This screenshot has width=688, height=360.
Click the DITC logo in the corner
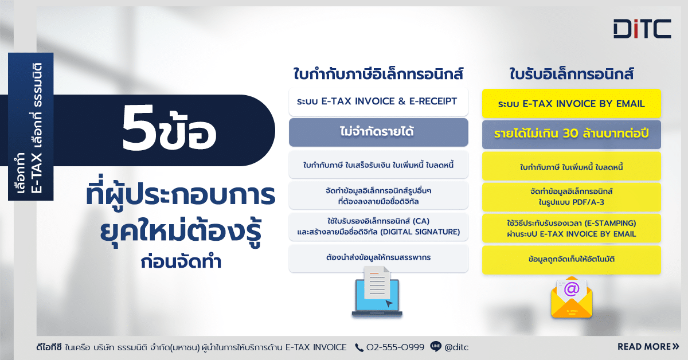[x=642, y=29]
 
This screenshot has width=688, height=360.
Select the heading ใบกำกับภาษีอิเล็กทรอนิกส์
[x=378, y=74]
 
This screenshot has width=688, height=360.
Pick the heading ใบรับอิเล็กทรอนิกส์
[x=571, y=74]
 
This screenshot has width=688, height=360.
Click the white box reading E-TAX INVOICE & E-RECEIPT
[x=378, y=101]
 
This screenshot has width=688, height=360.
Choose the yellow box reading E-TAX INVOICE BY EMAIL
[x=571, y=104]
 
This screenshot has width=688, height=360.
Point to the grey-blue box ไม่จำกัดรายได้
[x=378, y=132]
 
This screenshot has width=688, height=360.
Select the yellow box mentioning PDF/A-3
[x=571, y=197]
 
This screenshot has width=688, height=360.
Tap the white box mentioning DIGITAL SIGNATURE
[x=378, y=226]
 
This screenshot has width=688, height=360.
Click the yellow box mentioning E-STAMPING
[x=571, y=229]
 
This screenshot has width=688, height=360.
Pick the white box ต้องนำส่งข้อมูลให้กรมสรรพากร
[x=378, y=258]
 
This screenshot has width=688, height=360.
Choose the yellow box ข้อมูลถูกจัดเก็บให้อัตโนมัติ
[x=571, y=260]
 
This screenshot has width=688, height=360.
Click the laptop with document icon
[x=377, y=292]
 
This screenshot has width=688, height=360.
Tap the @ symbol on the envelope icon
[x=572, y=289]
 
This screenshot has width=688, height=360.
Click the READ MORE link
[x=648, y=347]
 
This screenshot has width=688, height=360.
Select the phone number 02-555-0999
[x=395, y=347]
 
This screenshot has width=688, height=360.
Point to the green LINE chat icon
[x=436, y=346]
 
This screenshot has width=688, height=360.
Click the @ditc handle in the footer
[x=456, y=347]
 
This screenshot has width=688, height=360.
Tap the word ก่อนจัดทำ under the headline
[x=181, y=262]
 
